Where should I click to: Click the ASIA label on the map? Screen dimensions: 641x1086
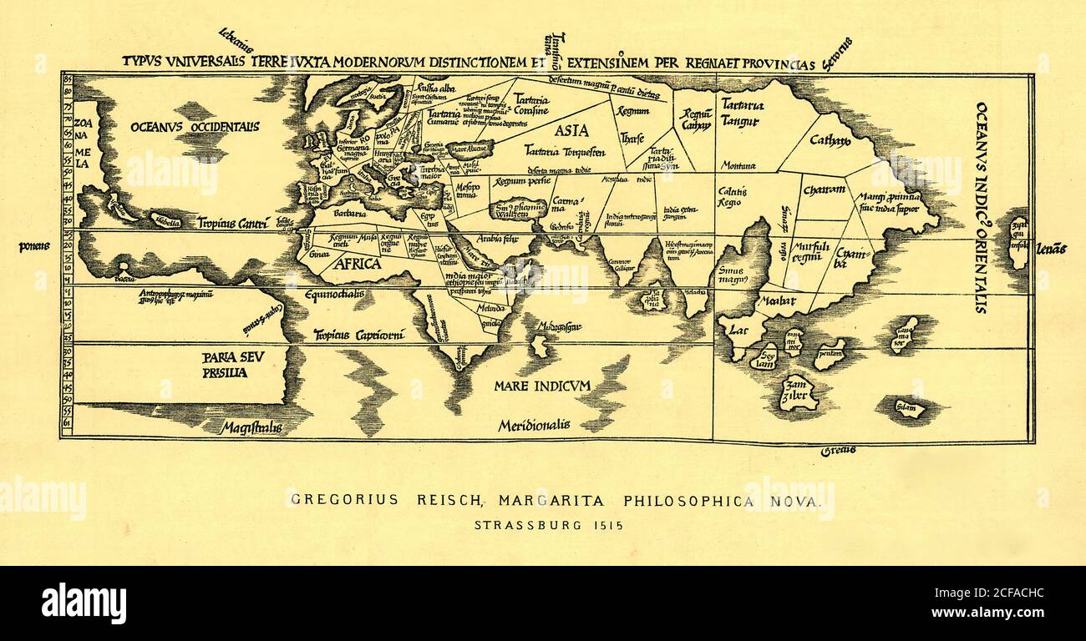[x=571, y=130]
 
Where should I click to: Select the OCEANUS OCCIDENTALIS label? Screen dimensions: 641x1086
[x=195, y=126]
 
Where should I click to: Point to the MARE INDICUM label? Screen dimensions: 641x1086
[x=541, y=386]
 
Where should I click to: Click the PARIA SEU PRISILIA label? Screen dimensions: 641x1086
[x=225, y=365]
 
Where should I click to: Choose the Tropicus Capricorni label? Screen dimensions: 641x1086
[x=358, y=336]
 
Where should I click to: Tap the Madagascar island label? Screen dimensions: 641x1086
[x=560, y=326]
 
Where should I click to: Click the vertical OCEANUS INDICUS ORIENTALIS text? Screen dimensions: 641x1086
[x=981, y=207]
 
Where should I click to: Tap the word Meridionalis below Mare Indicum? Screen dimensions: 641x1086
[x=534, y=426]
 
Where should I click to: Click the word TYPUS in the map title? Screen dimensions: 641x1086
[x=140, y=61]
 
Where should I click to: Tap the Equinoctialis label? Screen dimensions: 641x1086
[x=333, y=295]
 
